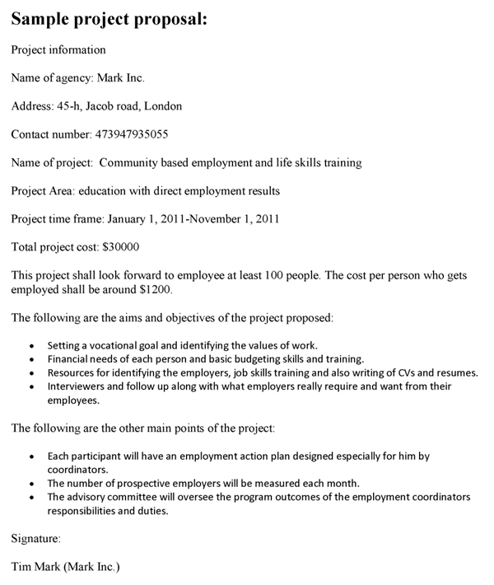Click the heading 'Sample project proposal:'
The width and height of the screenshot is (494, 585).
tap(109, 19)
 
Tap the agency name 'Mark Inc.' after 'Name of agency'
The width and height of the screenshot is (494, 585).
tap(120, 78)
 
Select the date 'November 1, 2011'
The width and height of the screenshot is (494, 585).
tap(232, 218)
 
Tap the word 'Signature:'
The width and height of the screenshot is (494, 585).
tap(35, 539)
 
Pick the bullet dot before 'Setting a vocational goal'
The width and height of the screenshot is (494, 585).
tap(31, 345)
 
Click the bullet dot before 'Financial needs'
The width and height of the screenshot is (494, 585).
tap(31, 359)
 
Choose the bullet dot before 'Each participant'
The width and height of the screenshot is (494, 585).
tap(31, 456)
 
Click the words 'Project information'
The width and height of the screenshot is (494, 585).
tap(58, 50)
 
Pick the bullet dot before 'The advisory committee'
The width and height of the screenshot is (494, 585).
tap(31, 498)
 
